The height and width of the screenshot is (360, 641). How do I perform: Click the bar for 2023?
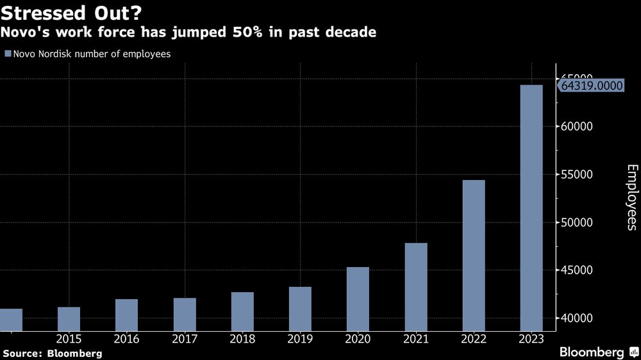click(x=531, y=208)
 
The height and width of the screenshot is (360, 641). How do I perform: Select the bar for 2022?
click(x=473, y=256)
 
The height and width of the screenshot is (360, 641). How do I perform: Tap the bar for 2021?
click(x=415, y=287)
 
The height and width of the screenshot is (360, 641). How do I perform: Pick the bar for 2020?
click(x=358, y=299)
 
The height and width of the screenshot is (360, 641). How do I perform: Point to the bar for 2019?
click(x=300, y=309)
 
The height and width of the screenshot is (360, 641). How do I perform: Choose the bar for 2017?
click(x=185, y=315)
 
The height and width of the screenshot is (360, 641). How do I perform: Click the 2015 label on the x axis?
click(x=69, y=338)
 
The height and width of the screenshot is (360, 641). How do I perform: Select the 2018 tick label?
click(x=242, y=338)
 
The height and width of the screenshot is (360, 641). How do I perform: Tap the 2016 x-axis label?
click(x=126, y=338)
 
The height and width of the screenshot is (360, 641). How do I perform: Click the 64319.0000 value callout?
click(x=592, y=85)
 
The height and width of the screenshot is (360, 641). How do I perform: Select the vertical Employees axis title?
click(x=632, y=197)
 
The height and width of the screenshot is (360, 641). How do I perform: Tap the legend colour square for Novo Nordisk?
click(x=8, y=54)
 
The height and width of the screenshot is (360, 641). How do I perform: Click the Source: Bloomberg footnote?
click(x=53, y=353)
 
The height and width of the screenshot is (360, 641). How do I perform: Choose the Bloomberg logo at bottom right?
click(x=597, y=352)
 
